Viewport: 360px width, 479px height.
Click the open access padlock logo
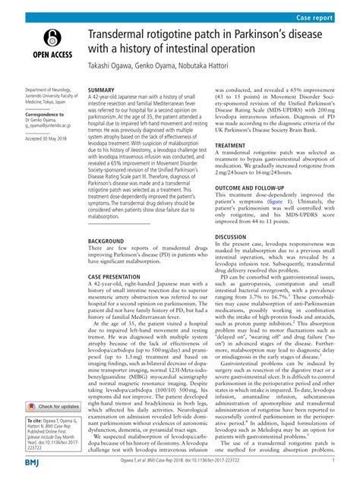pyautogui.click(x=51, y=38)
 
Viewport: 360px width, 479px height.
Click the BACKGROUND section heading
pyautogui.click(x=106, y=240)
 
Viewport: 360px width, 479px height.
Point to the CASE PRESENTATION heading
pyautogui.click(x=118, y=276)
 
